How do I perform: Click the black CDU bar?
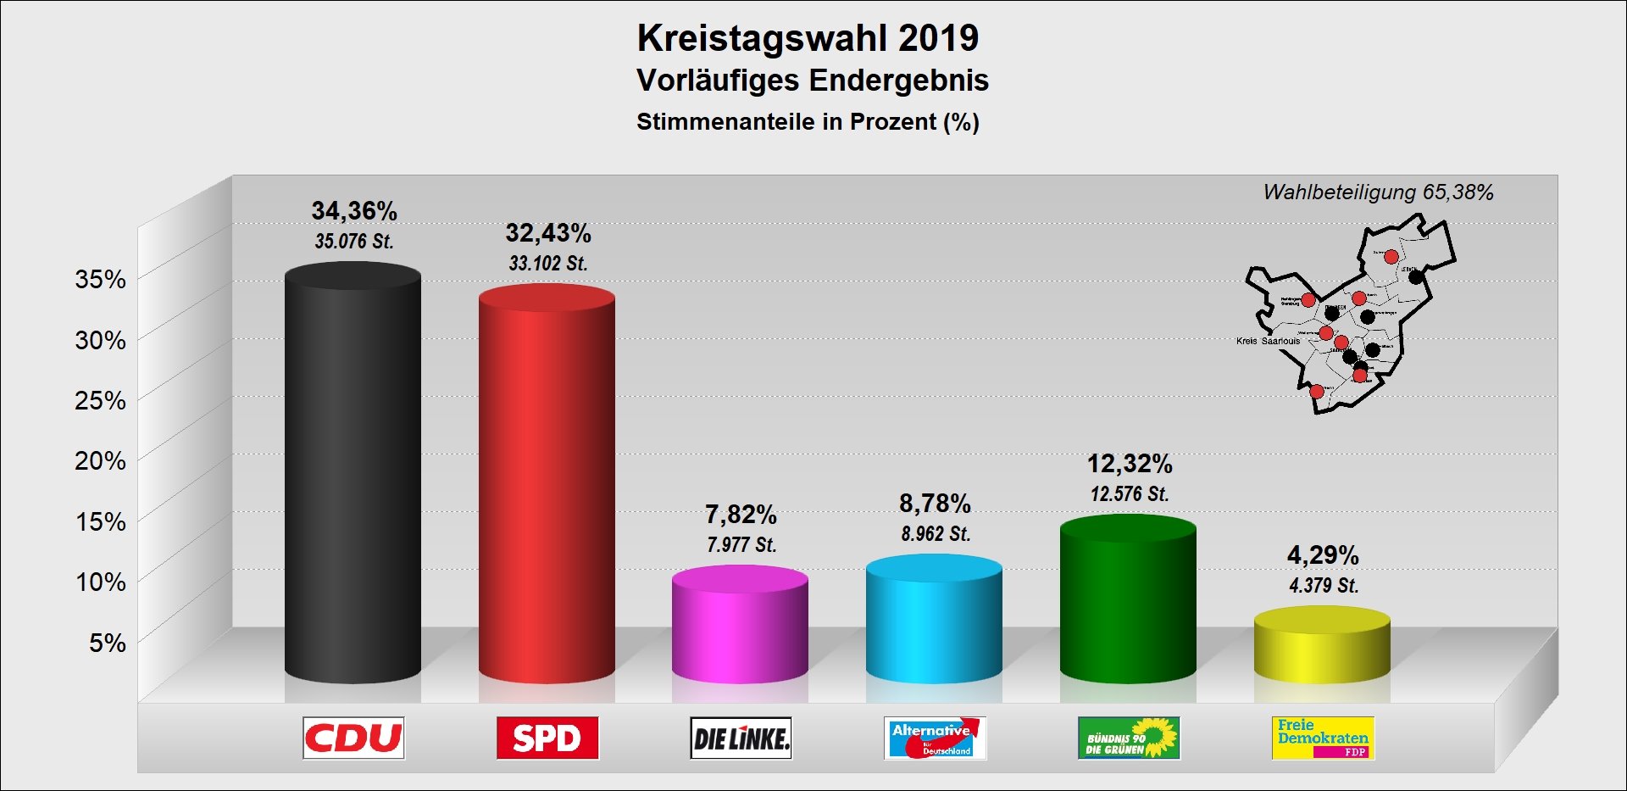(353, 475)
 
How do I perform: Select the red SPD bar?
(547, 487)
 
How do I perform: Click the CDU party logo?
(353, 738)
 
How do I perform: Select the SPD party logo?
(547, 738)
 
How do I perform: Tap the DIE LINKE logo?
(741, 738)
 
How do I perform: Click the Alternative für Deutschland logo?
(935, 738)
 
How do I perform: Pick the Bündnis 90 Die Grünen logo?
(1129, 738)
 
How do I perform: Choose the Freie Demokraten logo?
(1323, 738)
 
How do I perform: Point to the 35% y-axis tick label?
(100, 279)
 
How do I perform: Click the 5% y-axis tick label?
(108, 643)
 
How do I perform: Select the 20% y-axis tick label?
(100, 460)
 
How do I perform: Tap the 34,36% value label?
(354, 210)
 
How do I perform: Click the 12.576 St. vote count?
(1130, 493)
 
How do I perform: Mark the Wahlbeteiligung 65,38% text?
(1378, 192)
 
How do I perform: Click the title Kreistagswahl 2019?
(808, 38)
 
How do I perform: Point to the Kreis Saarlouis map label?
(1268, 341)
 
